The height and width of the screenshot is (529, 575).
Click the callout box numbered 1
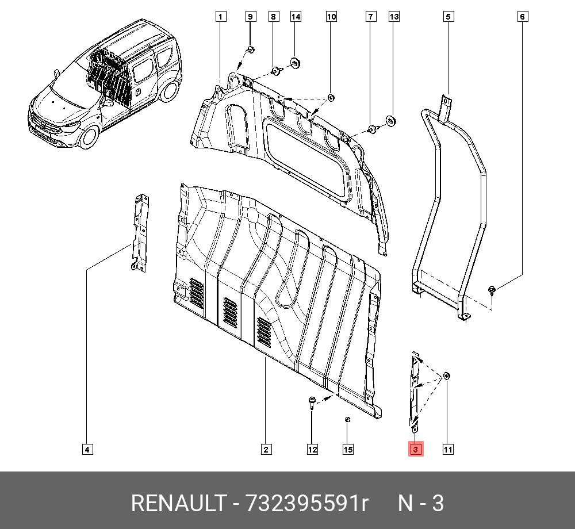click(221, 17)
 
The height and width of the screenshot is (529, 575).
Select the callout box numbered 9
click(251, 17)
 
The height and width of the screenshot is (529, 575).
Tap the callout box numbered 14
click(296, 17)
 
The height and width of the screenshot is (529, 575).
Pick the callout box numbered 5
click(448, 17)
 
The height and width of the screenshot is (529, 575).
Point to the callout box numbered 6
click(522, 17)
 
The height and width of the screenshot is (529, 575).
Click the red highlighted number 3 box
click(416, 449)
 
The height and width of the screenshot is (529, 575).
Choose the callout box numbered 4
click(87, 450)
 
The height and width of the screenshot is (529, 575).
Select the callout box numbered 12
click(312, 450)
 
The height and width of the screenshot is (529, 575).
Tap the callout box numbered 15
click(348, 450)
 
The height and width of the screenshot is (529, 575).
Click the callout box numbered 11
click(448, 450)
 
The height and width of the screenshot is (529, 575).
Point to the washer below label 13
click(390, 121)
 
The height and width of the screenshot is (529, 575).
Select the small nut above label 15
click(347, 420)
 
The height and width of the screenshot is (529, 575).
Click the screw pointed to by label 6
click(493, 290)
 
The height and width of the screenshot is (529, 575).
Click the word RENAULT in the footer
click(178, 504)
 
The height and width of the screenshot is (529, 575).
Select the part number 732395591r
click(306, 504)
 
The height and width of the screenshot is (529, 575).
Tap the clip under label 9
click(251, 51)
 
